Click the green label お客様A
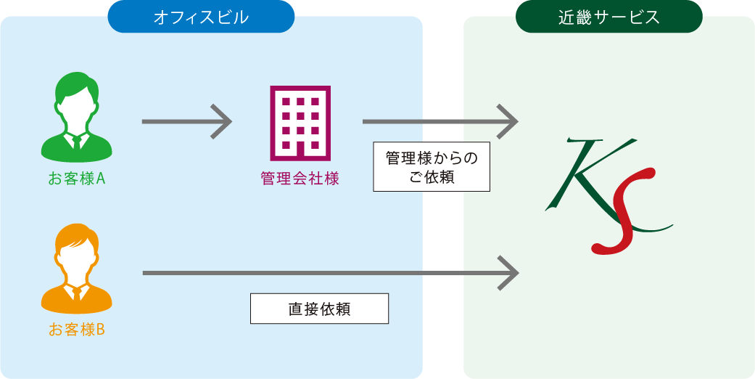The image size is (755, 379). [x=77, y=178]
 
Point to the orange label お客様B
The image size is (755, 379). [x=77, y=330]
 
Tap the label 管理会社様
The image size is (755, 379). [x=300, y=179]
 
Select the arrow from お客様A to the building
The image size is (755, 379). [x=186, y=121]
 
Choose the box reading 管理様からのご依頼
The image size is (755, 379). [x=432, y=166]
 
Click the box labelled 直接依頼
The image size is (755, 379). [x=319, y=309]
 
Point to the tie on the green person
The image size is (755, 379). [x=77, y=142]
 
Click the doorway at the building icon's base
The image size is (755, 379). [x=300, y=150]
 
